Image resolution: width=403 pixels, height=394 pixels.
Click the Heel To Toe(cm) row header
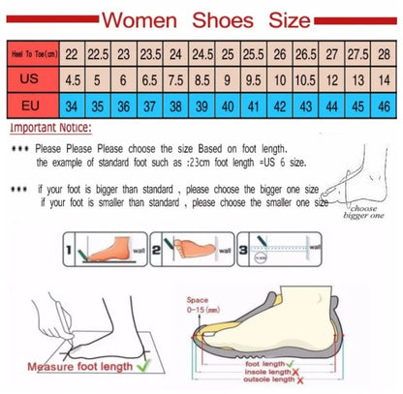click(x=31, y=57)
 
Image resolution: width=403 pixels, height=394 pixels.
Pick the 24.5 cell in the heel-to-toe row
click(x=200, y=56)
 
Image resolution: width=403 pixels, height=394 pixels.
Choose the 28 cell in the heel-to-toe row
click(x=386, y=56)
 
